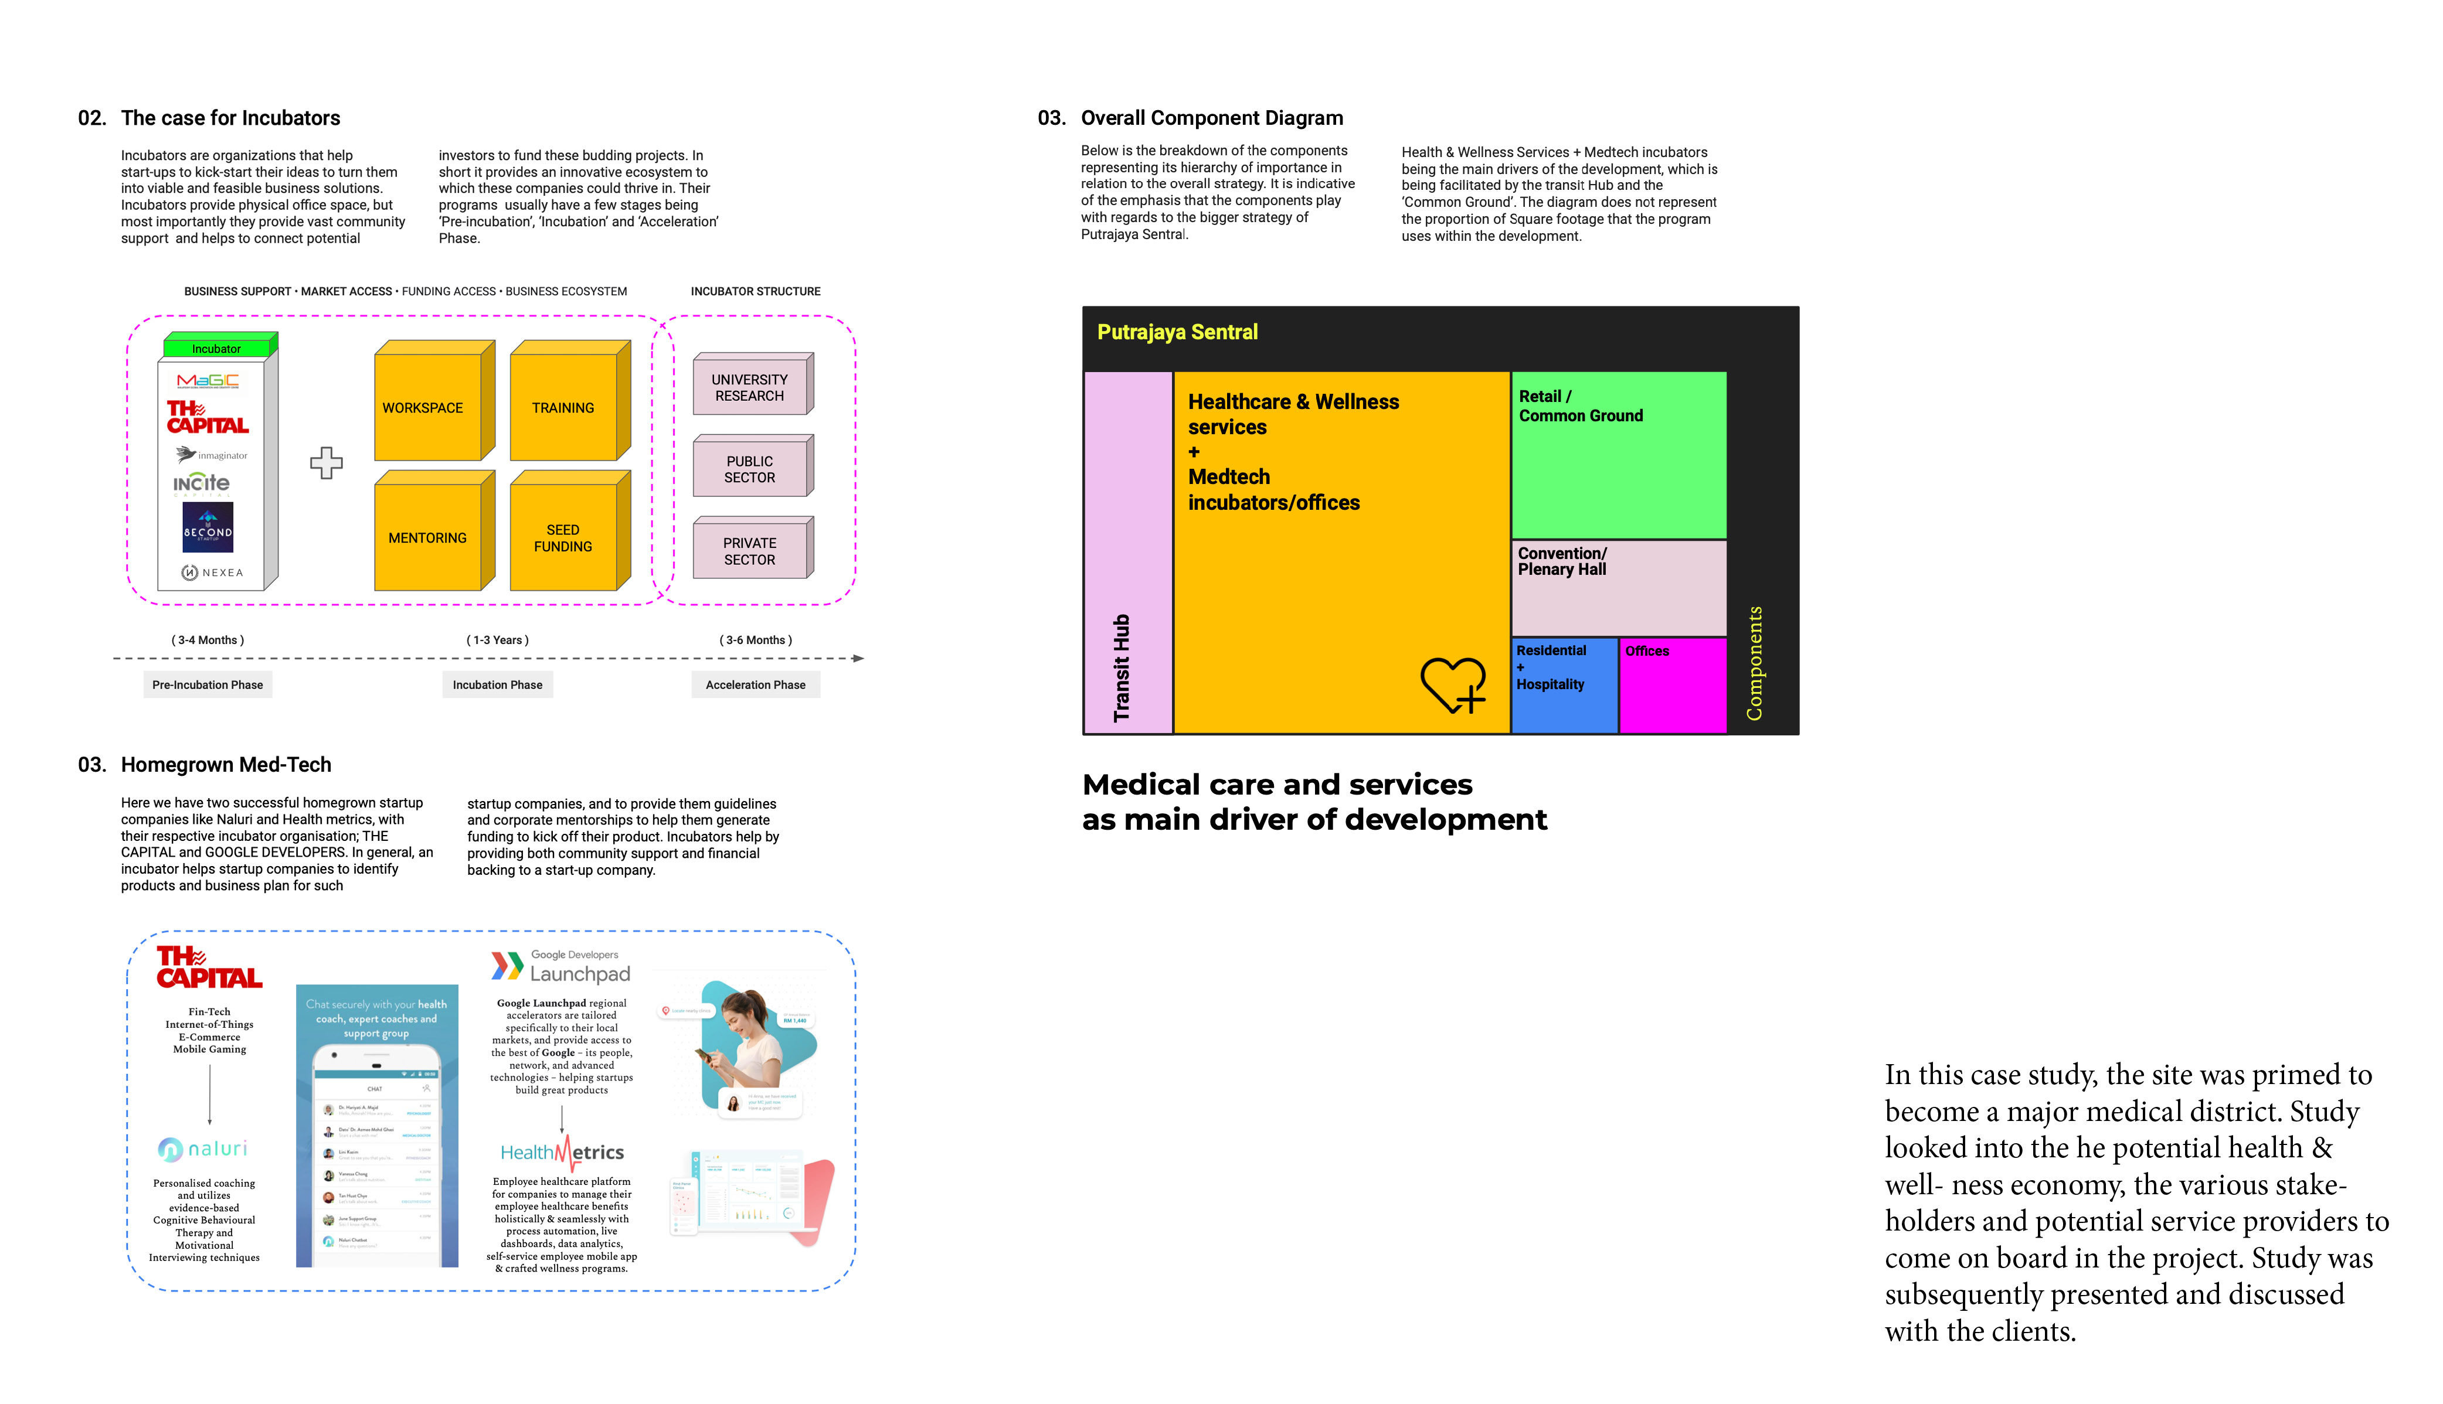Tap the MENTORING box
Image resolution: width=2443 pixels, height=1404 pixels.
(x=427, y=537)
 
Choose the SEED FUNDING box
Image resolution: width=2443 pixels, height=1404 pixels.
(x=563, y=537)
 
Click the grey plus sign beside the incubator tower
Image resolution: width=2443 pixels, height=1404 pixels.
(x=326, y=463)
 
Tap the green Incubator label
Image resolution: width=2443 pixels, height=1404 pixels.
(x=217, y=348)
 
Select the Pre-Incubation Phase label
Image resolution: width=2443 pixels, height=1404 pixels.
(x=208, y=684)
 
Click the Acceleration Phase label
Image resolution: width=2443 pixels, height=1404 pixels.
(x=755, y=684)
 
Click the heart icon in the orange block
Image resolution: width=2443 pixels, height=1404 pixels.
(x=1452, y=684)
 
